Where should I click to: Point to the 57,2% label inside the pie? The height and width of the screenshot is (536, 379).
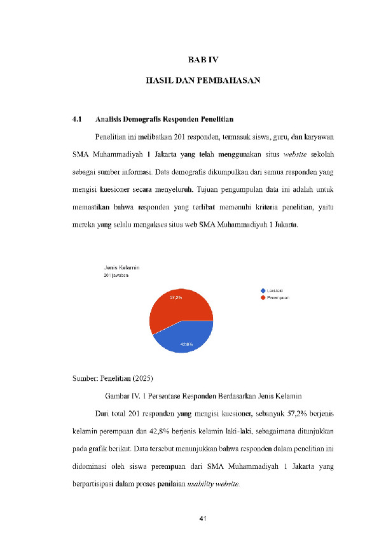[x=176, y=297]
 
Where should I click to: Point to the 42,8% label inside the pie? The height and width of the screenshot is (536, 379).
[x=186, y=344]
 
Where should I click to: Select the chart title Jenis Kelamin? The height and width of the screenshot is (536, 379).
[x=121, y=268]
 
